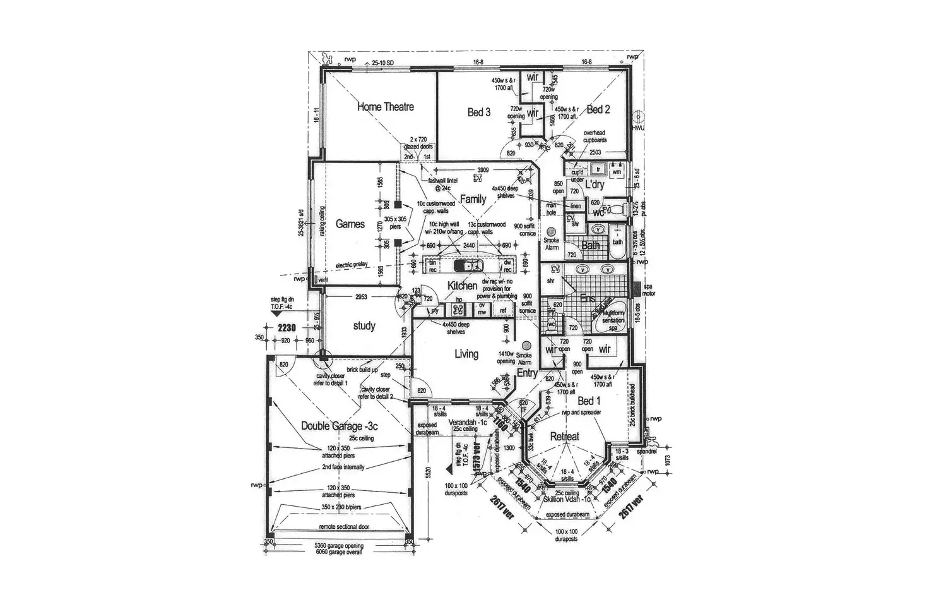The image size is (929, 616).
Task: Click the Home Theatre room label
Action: (386, 107)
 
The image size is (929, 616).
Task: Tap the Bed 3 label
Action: (479, 112)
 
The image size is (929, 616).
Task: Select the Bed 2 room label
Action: (598, 109)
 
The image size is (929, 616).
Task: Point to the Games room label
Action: (350, 224)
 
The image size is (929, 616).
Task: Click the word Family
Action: (473, 199)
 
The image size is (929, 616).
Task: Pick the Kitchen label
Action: (462, 286)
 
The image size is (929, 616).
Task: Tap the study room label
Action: (364, 326)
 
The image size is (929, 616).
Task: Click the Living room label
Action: (466, 354)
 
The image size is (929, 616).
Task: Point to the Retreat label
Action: (564, 437)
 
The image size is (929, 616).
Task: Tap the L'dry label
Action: (595, 184)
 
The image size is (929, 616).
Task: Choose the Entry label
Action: (527, 373)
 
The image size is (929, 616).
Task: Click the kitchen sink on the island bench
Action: (470, 265)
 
